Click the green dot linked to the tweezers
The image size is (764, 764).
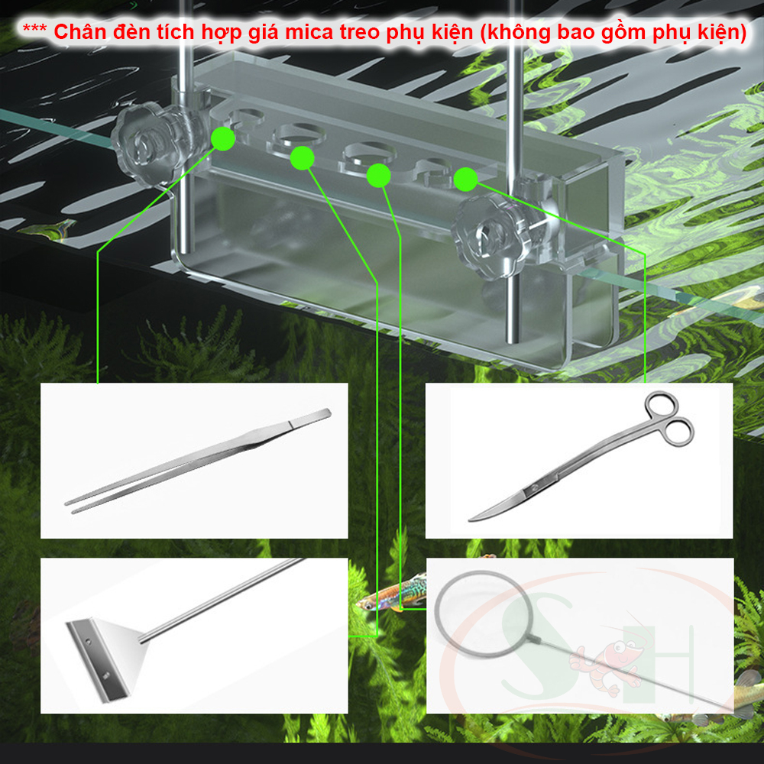[223, 139]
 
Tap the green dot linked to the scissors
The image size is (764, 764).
[465, 180]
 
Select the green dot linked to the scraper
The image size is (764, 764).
[302, 158]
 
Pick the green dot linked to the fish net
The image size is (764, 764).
[379, 176]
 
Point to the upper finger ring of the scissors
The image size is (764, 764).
[661, 405]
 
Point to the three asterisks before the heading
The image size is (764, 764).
[34, 28]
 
